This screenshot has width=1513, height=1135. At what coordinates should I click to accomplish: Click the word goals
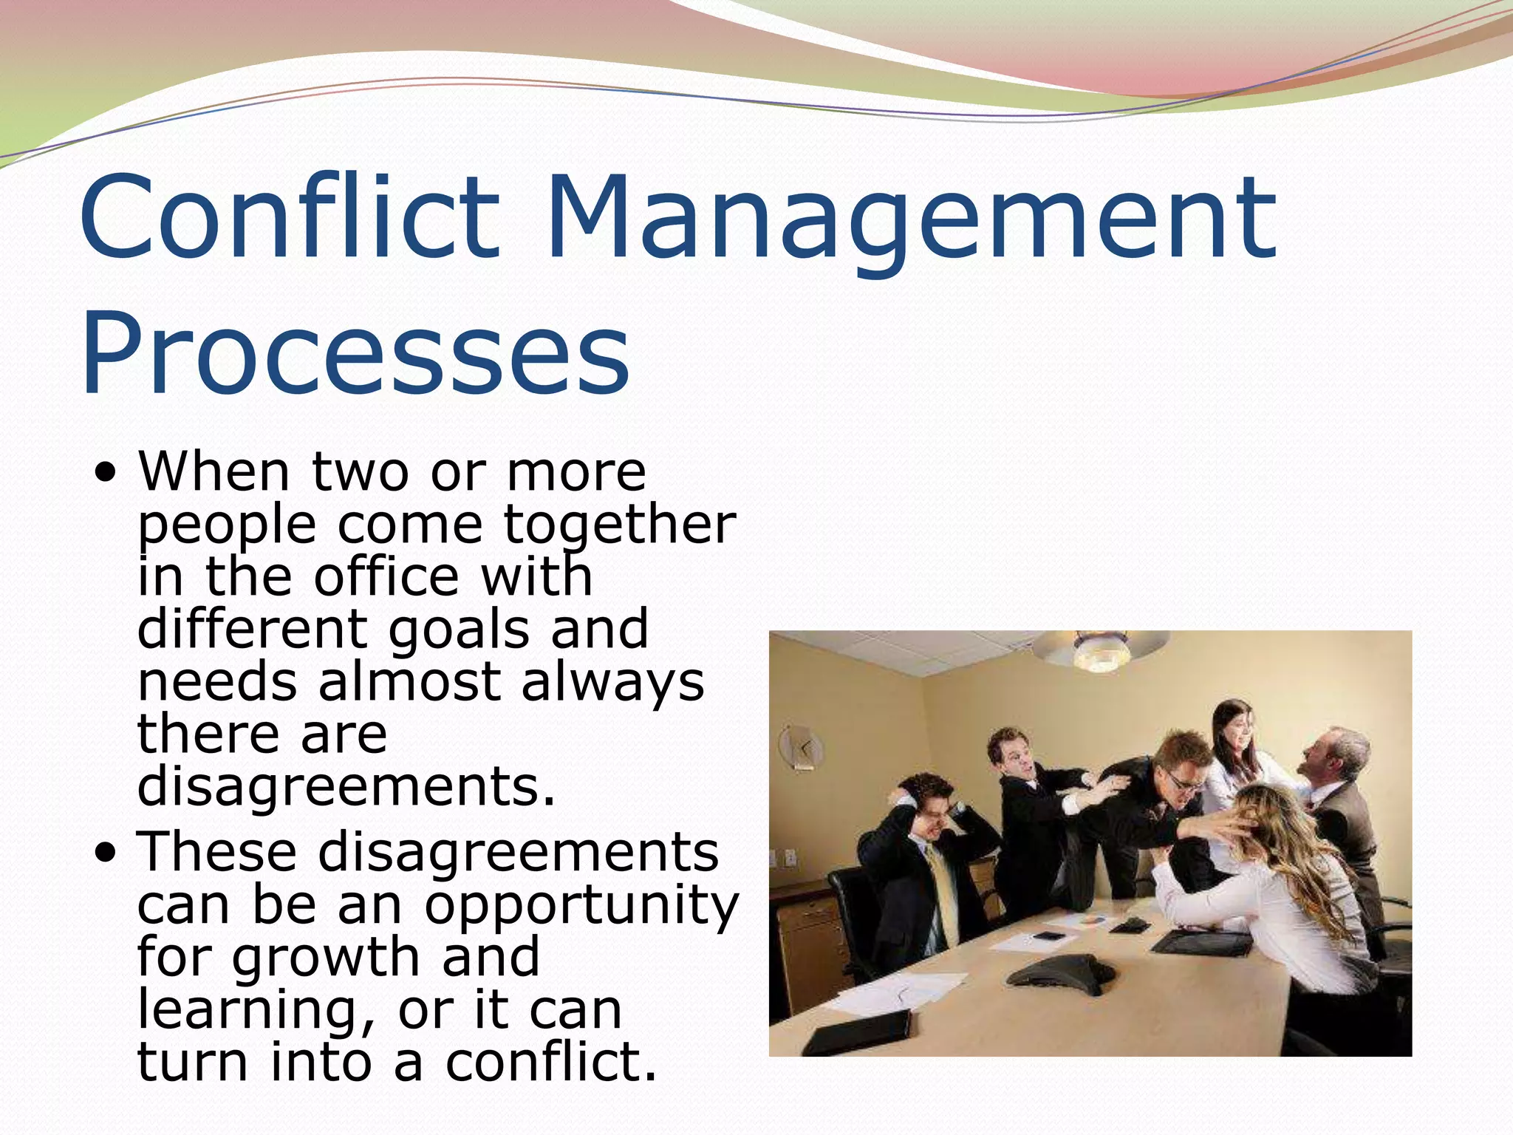tap(459, 630)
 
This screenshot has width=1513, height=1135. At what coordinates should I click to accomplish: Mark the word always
tap(612, 681)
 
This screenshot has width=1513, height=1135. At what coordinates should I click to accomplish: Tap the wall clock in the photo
tap(802, 749)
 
